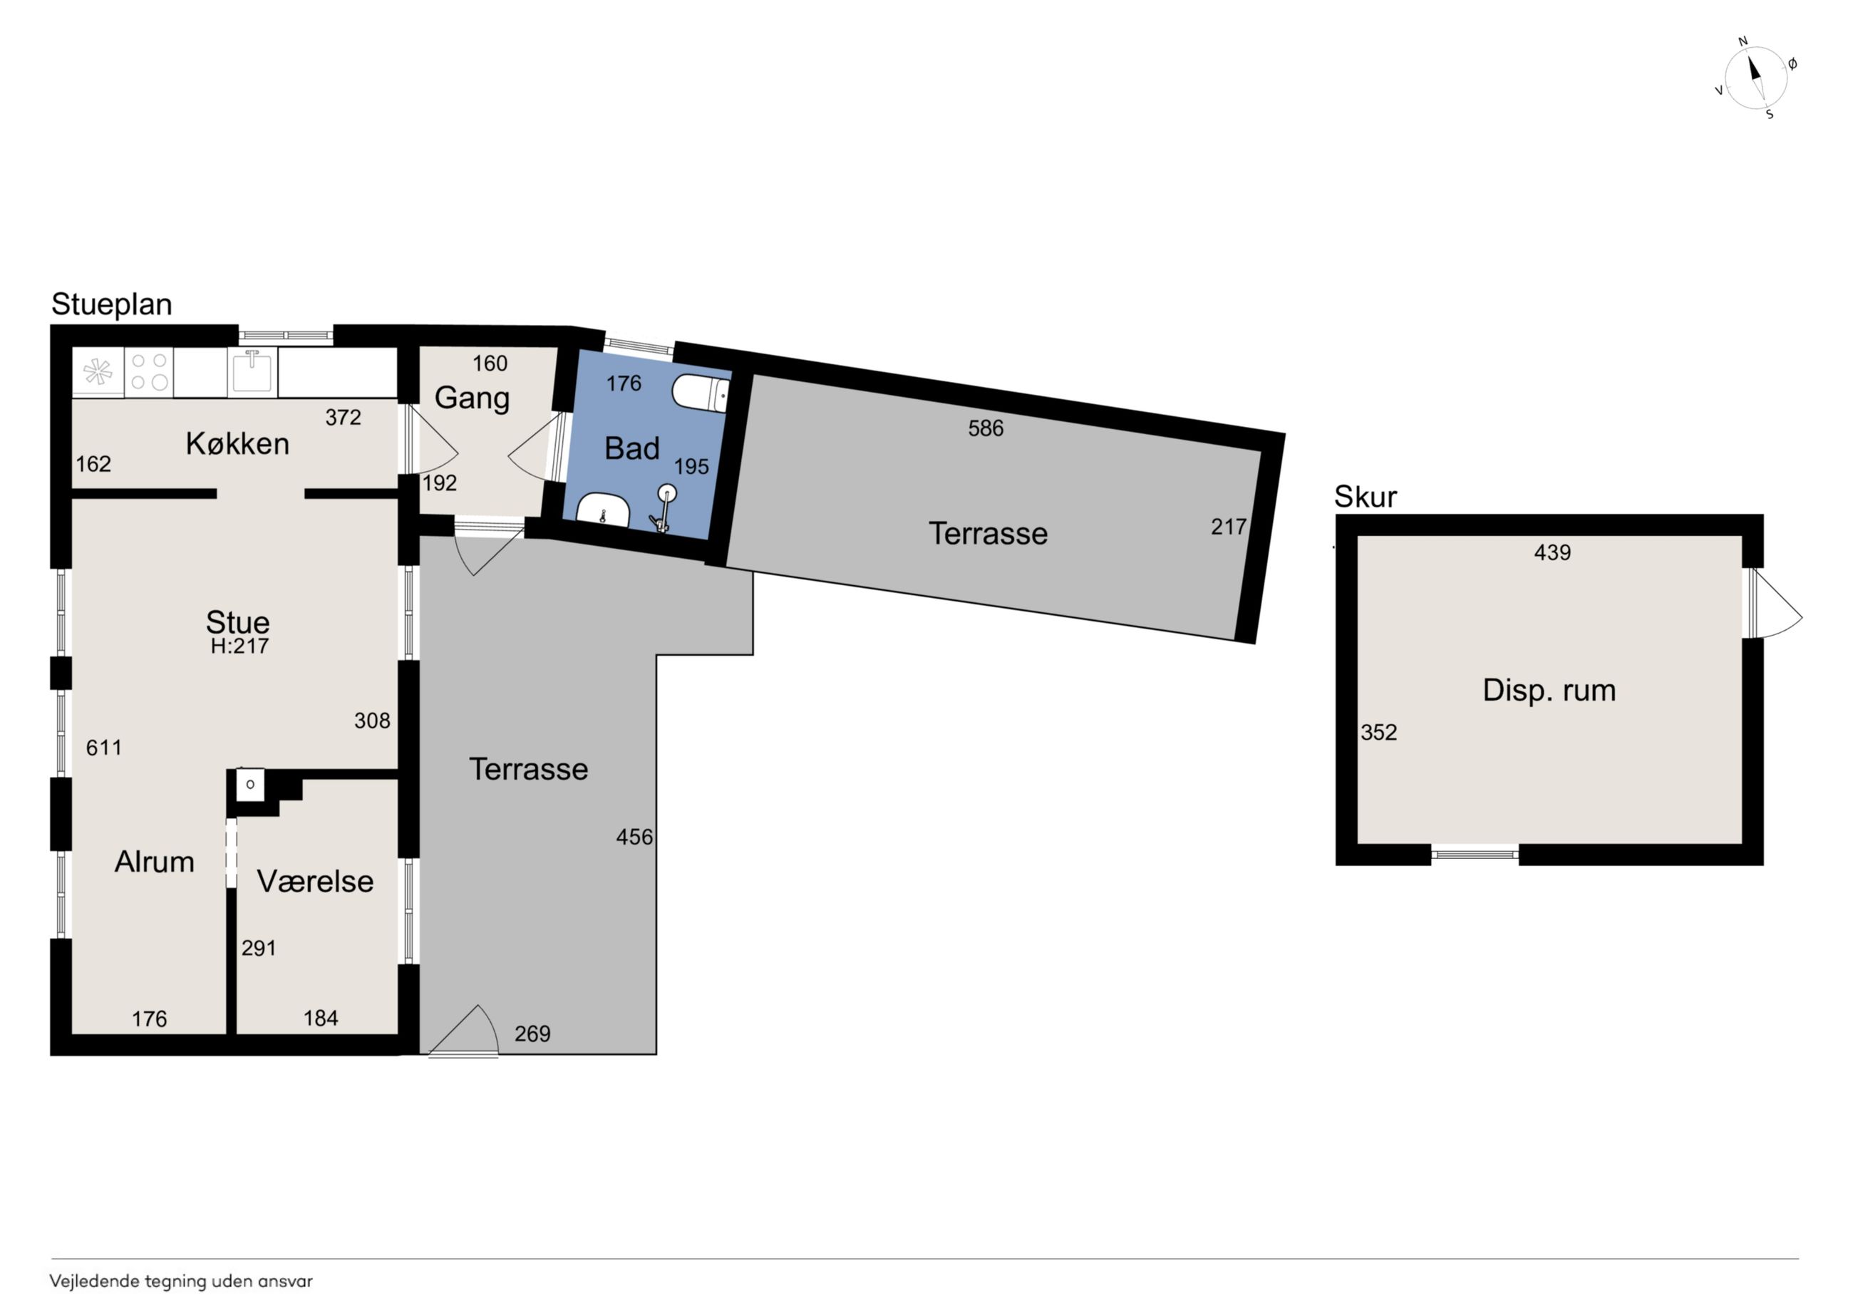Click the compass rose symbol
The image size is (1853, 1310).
tap(1755, 78)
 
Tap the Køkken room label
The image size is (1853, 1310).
tap(237, 443)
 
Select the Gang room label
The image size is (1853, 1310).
tap(472, 398)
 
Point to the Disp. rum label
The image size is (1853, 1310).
tap(1549, 690)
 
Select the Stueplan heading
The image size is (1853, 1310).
tap(111, 304)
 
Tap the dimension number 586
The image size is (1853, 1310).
tap(986, 428)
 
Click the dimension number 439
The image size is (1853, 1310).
tap(1552, 552)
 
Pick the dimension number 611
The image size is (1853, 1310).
tap(104, 748)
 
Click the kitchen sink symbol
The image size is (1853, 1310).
tap(252, 371)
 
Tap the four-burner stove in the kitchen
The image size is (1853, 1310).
tap(149, 371)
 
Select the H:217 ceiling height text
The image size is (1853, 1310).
tap(239, 646)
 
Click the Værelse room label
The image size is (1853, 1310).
tap(315, 882)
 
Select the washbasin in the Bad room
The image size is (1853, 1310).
tap(604, 510)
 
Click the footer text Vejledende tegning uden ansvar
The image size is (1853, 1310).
tap(181, 1281)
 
